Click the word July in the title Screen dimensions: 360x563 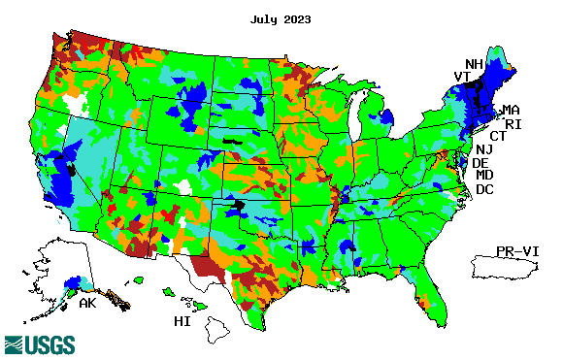[x=265, y=19]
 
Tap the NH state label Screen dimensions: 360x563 [x=473, y=63]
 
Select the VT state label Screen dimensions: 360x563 [x=462, y=77]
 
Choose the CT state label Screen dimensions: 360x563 [x=497, y=136]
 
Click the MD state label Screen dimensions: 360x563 [x=484, y=175]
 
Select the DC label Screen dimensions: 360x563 [x=484, y=188]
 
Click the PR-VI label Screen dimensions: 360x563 [x=517, y=250]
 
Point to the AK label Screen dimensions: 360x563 [x=88, y=303]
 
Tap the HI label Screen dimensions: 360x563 [x=182, y=321]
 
